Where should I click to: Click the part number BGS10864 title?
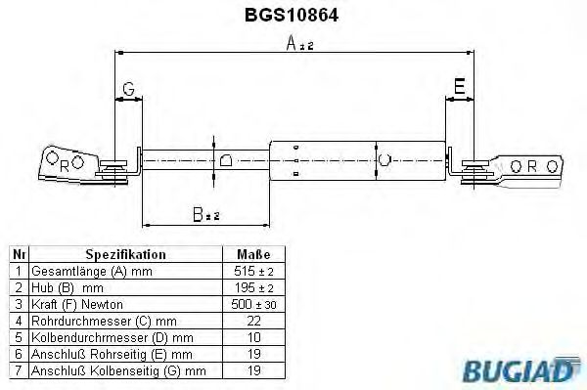pos(293,16)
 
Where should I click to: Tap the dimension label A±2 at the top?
pos(299,44)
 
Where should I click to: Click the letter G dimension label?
pos(128,91)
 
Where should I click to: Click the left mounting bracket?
pos(68,163)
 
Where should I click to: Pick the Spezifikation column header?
pos(125,253)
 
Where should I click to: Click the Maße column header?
pos(253,253)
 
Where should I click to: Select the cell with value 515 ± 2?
pos(253,270)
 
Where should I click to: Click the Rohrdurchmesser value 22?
pos(253,320)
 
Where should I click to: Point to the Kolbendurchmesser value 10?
pos(253,336)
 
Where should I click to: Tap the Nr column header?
pos(18,253)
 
